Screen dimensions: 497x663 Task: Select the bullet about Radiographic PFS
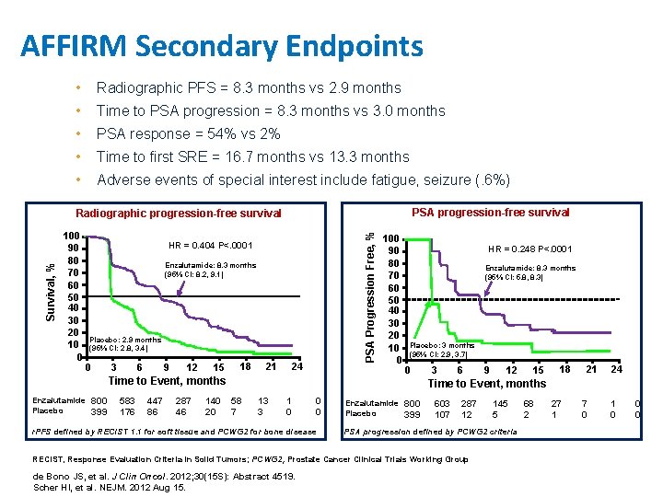click(x=249, y=88)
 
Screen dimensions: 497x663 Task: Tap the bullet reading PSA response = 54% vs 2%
click(x=188, y=133)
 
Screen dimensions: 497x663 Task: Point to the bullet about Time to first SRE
click(x=252, y=156)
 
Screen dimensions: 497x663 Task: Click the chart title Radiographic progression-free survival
click(x=178, y=214)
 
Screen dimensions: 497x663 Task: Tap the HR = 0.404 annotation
click(x=210, y=245)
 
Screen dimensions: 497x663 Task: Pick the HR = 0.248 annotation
click(x=529, y=248)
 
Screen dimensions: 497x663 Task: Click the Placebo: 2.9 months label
click(x=126, y=340)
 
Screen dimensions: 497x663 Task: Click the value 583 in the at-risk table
click(x=127, y=401)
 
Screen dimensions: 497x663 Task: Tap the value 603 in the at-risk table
click(x=442, y=403)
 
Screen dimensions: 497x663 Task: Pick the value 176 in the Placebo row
click(x=127, y=412)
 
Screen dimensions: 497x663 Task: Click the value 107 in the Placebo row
click(x=442, y=414)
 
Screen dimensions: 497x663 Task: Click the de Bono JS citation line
click(x=137, y=476)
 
